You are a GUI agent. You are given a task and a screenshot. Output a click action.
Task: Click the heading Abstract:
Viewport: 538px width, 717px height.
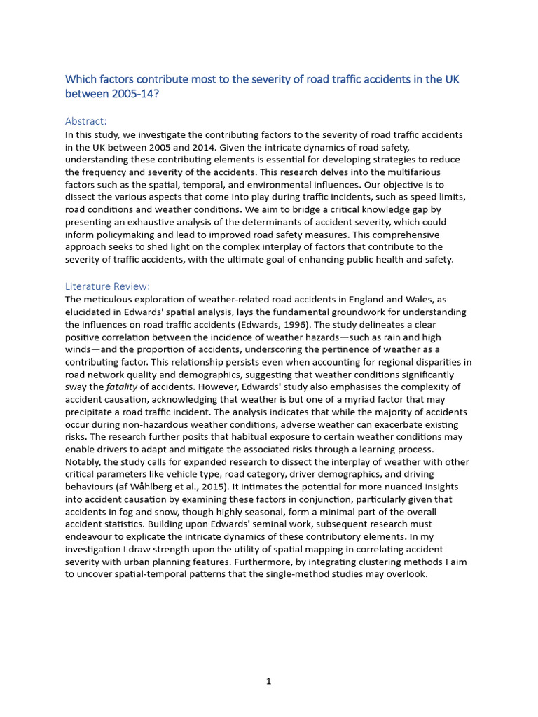coord(86,121)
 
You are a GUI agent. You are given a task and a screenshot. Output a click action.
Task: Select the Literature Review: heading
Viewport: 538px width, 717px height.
coord(107,286)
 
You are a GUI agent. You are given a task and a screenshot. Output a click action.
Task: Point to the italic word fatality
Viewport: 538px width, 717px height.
coord(121,387)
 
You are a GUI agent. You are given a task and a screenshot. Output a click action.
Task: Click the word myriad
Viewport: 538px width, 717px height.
coord(372,400)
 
